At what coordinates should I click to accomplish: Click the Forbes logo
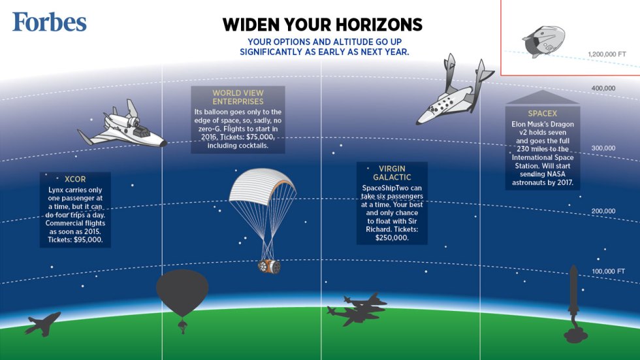(49, 22)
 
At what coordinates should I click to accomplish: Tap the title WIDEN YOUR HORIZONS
(322, 25)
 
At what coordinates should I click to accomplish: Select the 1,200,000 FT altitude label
(607, 54)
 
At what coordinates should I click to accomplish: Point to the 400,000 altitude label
(603, 88)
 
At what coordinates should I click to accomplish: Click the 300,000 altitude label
(603, 148)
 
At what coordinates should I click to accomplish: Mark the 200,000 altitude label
(603, 211)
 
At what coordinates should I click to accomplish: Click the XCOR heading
(75, 178)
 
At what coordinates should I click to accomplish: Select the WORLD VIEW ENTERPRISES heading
(238, 97)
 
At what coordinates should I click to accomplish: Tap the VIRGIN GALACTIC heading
(392, 172)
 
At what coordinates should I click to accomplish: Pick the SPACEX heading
(542, 114)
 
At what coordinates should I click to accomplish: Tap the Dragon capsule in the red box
(541, 41)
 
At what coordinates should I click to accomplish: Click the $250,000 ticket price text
(392, 238)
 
